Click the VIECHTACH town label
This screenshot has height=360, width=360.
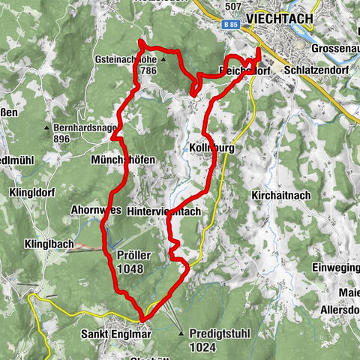[285, 18]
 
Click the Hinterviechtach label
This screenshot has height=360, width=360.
[164, 212]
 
